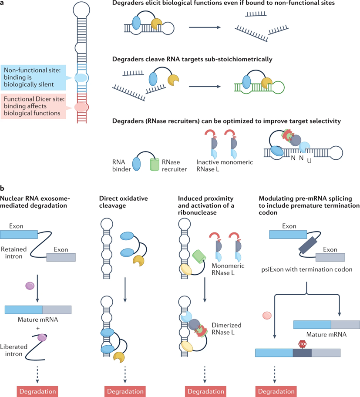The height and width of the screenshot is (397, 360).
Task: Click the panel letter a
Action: point(3,4)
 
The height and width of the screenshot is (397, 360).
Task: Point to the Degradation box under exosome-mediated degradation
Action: point(37,390)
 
